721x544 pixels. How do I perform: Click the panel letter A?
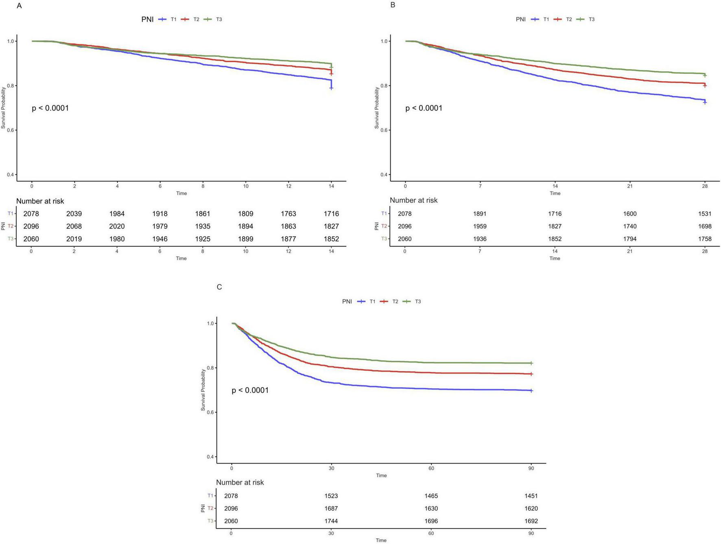(19, 6)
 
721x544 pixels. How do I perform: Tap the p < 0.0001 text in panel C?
(250, 390)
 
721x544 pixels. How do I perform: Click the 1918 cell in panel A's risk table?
(160, 214)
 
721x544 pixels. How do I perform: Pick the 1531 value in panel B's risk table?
(704, 214)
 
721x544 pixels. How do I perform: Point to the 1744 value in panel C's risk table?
(331, 521)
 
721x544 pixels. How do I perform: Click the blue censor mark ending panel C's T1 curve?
(531, 391)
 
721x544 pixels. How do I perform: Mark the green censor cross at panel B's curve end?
(705, 76)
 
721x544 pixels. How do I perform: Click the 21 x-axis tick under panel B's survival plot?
(630, 186)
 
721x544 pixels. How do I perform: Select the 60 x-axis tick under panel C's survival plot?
(431, 468)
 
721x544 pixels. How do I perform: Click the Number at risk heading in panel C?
(240, 483)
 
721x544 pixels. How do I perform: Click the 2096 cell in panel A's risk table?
(31, 226)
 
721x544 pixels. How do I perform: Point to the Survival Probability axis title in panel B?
(376, 108)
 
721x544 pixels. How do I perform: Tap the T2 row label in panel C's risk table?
(210, 508)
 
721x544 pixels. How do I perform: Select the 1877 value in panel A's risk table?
(288, 239)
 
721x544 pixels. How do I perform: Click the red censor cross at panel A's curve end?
(331, 74)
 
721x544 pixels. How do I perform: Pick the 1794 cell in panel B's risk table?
(629, 239)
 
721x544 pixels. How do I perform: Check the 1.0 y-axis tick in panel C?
(210, 324)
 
